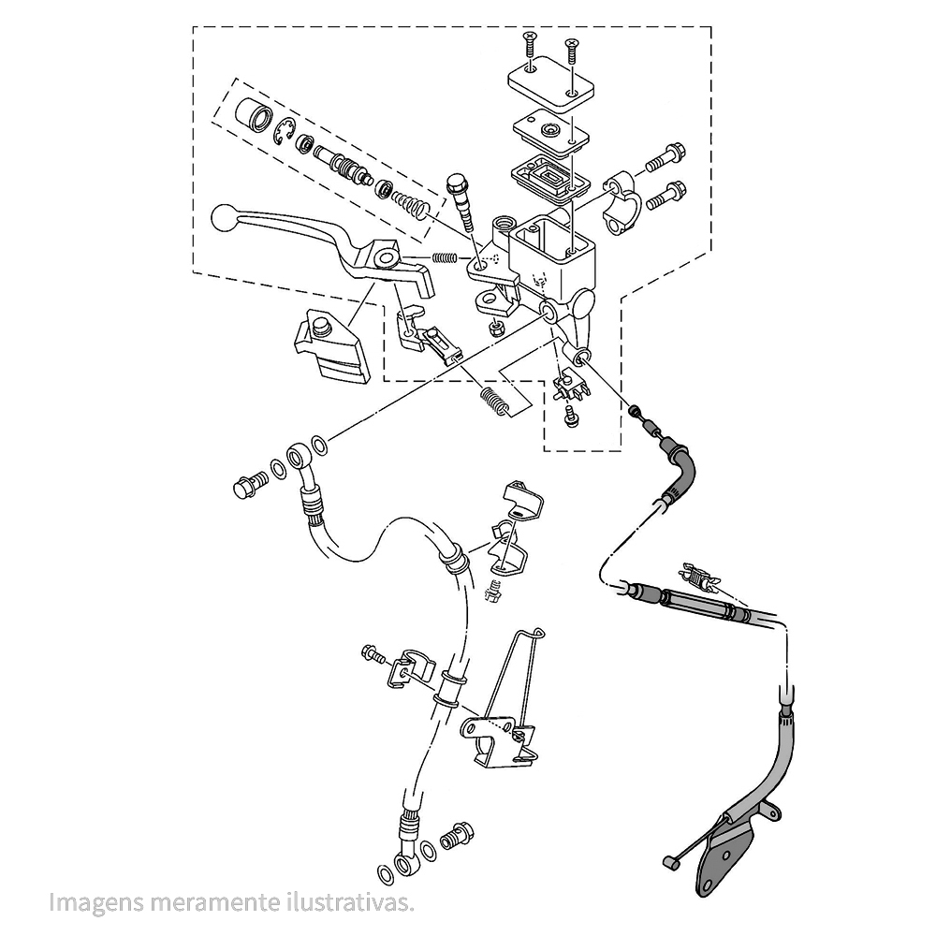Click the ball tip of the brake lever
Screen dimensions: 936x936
coord(223,218)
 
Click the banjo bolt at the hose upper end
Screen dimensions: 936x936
coord(248,485)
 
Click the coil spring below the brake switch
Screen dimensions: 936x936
coord(496,402)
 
